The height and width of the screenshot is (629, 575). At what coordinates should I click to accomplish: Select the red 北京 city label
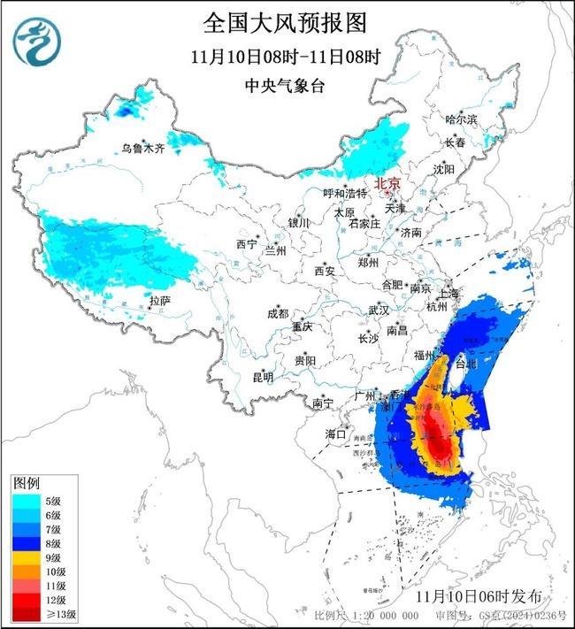[x=387, y=184]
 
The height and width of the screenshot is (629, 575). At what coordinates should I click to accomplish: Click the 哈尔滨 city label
[x=460, y=119]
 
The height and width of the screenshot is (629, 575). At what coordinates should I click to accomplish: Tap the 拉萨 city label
[x=159, y=301]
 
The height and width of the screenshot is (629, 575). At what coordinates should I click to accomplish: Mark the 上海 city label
[x=447, y=293]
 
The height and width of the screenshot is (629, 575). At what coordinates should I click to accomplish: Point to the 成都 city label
[x=278, y=313]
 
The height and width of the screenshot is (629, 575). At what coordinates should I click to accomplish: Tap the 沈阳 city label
[x=443, y=168]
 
